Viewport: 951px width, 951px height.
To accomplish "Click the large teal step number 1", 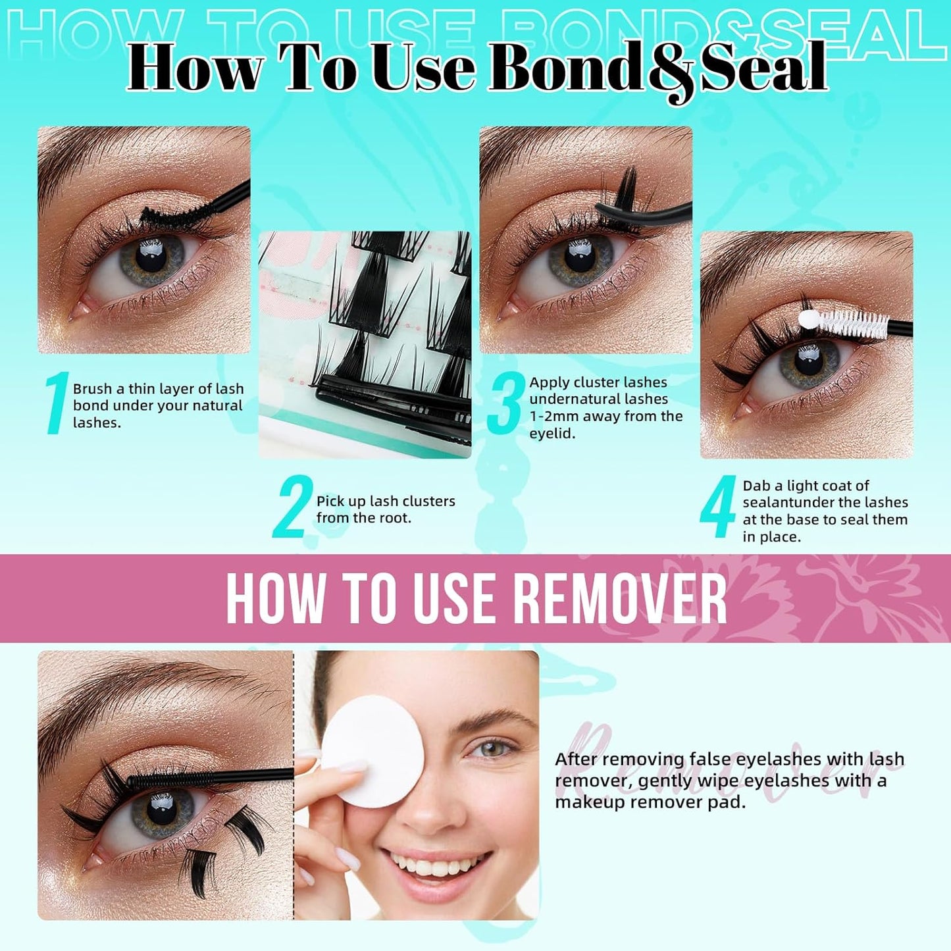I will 57,403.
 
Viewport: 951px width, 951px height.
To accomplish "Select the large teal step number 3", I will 505,403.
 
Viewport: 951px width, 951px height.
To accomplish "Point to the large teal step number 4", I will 717,507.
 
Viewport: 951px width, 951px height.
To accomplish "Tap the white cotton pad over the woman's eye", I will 372,750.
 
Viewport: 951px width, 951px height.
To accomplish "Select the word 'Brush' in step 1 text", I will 92,389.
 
